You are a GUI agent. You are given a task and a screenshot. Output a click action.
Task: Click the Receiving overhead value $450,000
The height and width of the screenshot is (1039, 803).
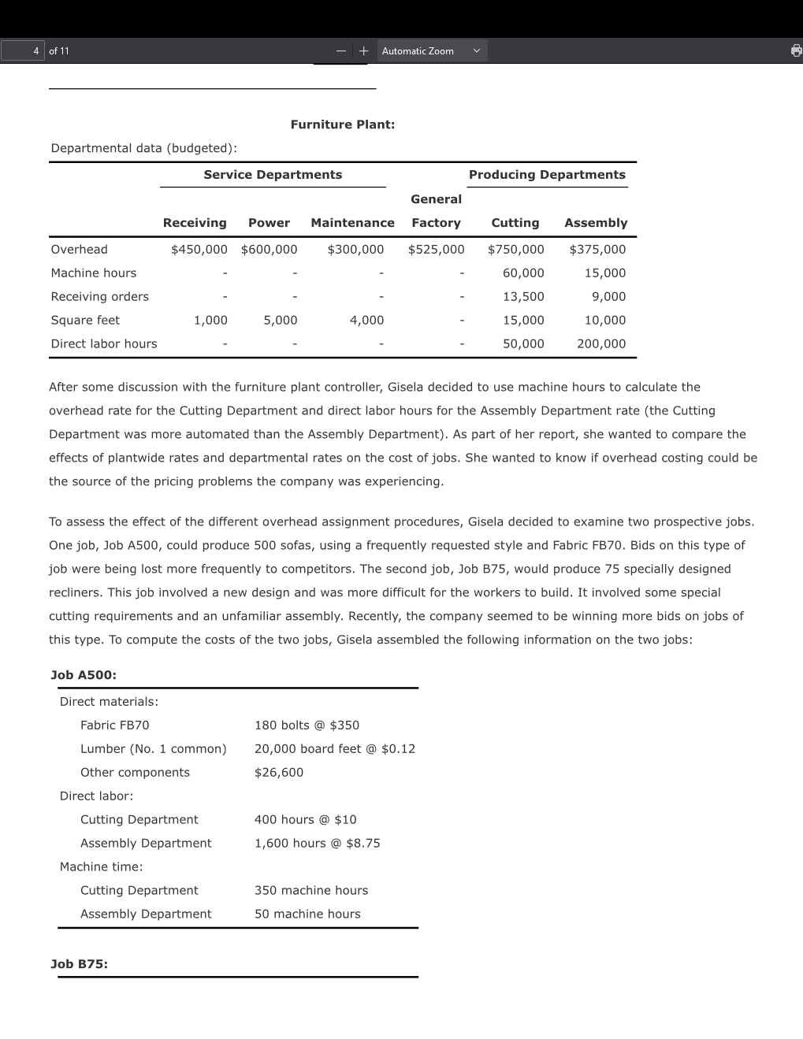click(x=199, y=250)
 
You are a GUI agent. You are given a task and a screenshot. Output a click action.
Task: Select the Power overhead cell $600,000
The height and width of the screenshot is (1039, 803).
click(x=269, y=250)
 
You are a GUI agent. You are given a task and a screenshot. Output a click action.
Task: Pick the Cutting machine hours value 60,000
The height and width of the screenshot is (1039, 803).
click(x=523, y=273)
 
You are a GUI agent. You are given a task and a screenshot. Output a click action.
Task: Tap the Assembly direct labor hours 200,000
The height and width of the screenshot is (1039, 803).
click(x=600, y=344)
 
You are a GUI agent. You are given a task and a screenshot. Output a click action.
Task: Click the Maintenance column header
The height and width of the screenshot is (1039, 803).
click(x=352, y=223)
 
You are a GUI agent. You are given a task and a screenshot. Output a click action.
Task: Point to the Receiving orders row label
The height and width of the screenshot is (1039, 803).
click(x=100, y=297)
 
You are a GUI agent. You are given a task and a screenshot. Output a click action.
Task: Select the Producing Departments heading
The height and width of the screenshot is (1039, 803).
click(x=547, y=175)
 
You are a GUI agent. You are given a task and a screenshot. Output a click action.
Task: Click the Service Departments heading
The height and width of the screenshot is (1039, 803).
click(x=273, y=175)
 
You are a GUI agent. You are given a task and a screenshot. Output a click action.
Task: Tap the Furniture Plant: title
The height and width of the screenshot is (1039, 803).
click(x=343, y=124)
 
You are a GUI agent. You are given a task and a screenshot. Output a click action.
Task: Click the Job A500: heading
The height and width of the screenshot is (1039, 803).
click(x=84, y=675)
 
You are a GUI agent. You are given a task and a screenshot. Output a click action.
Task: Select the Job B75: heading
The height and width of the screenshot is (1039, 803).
click(x=80, y=964)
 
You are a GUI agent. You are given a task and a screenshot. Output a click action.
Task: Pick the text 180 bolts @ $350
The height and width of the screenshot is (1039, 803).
click(x=307, y=725)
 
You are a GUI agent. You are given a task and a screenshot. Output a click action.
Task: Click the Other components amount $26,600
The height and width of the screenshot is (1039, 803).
click(x=279, y=773)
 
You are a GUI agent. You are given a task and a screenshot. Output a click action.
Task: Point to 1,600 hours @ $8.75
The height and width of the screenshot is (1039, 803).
click(x=317, y=844)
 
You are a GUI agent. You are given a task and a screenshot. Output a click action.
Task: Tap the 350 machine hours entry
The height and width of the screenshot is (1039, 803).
click(x=311, y=891)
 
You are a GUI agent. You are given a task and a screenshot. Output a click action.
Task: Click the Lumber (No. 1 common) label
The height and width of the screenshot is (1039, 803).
click(x=153, y=749)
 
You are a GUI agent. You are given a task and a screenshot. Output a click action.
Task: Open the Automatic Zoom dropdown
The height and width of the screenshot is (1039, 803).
click(x=431, y=51)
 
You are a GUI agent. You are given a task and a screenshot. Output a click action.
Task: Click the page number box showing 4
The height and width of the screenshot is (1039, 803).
click(x=23, y=51)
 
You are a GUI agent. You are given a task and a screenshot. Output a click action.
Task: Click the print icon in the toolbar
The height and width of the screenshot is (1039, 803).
click(x=796, y=51)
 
